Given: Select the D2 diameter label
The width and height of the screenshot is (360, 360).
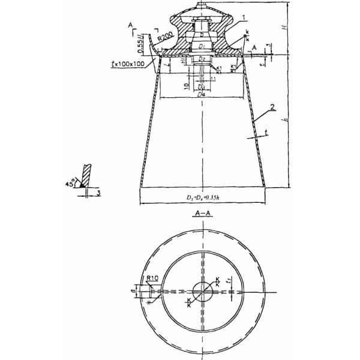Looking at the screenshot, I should [x=203, y=59].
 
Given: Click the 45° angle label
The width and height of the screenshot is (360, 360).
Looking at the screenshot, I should [x=72, y=184].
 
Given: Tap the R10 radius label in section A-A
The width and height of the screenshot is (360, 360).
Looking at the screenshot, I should [x=152, y=278].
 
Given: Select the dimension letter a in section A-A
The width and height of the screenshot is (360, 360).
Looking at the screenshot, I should [x=136, y=290].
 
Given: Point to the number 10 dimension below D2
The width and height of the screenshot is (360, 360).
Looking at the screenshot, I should [x=187, y=86].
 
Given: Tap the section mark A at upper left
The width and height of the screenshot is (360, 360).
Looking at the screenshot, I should [x=130, y=24].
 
